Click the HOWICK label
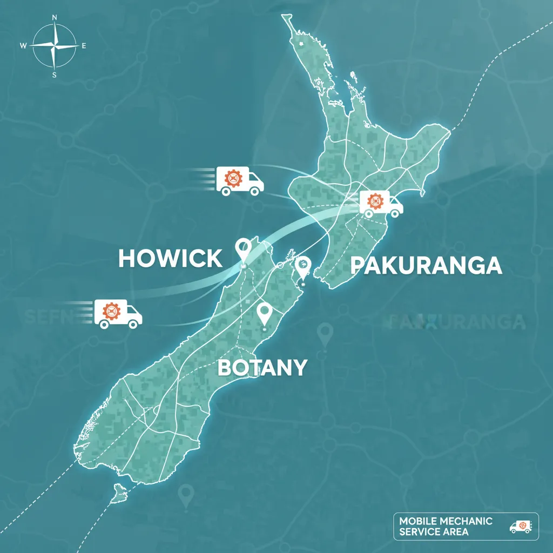170,258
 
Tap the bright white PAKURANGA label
426,265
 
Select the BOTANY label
262,367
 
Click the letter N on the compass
55,17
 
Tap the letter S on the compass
55,75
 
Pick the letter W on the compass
23,46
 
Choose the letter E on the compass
84,46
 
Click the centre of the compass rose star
54,46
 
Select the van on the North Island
381,204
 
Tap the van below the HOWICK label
118,313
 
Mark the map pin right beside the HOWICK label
244,250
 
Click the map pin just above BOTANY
264,314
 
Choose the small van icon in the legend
521,527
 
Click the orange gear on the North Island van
374,201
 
